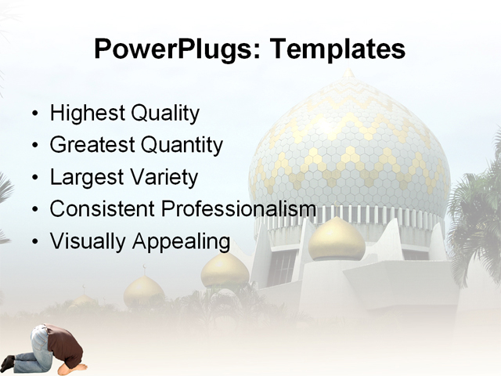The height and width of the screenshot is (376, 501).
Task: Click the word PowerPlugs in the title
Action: pyautogui.click(x=178, y=49)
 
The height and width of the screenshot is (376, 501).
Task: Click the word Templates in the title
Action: pyautogui.click(x=337, y=49)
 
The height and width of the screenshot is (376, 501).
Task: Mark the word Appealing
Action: pyautogui.click(x=181, y=241)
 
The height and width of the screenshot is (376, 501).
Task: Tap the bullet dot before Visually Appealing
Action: pyautogui.click(x=34, y=242)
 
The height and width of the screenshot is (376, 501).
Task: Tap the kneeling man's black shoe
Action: pyautogui.click(x=8, y=363)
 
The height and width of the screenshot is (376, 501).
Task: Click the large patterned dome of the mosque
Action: pyautogui.click(x=348, y=149)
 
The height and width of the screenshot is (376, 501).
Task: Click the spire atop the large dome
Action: pyautogui.click(x=348, y=74)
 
